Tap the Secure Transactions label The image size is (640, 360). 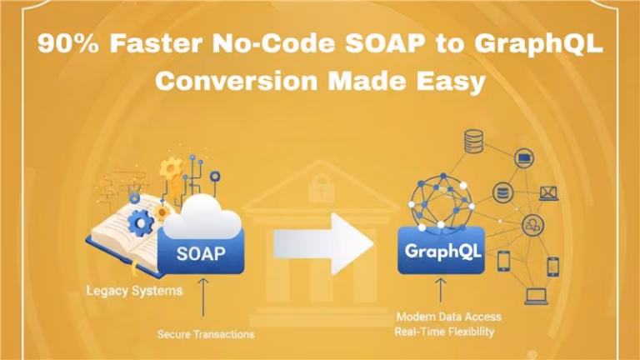tap(206, 334)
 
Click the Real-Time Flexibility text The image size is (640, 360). tap(445, 332)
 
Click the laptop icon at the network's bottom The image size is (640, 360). tap(535, 295)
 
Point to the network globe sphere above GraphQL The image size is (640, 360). tap(441, 201)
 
